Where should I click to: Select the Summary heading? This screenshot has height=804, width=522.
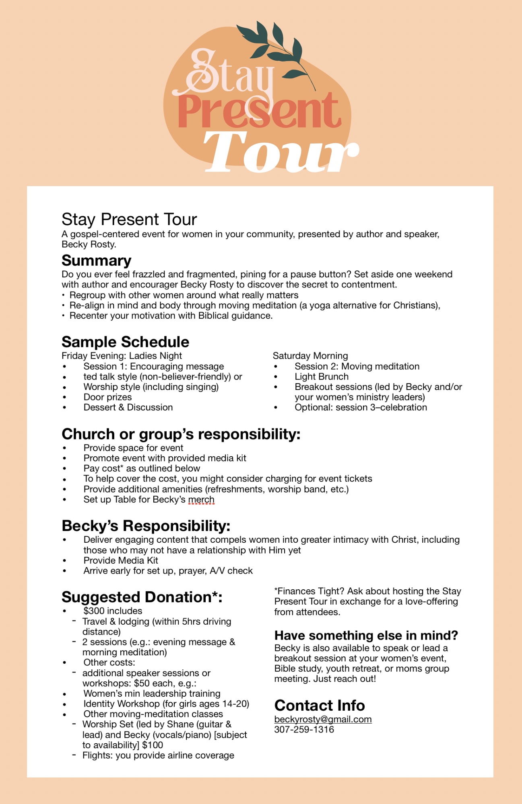(97, 260)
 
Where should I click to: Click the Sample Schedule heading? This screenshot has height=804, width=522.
(125, 342)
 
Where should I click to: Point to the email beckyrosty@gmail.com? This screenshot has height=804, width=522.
(323, 719)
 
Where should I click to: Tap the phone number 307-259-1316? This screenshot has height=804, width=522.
(304, 730)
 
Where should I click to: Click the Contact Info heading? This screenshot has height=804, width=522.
(320, 706)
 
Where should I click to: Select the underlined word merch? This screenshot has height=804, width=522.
(201, 499)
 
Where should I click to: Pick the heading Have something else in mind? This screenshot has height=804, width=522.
(366, 635)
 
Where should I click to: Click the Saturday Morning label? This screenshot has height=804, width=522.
(310, 356)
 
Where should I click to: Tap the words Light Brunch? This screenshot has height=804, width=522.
(322, 377)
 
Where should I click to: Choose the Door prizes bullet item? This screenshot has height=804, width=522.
(107, 397)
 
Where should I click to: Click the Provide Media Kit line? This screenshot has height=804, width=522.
(121, 560)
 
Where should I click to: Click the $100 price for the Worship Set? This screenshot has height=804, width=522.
(153, 745)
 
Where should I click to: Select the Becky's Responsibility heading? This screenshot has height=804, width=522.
(146, 526)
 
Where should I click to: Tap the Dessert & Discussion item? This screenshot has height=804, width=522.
(128, 407)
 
